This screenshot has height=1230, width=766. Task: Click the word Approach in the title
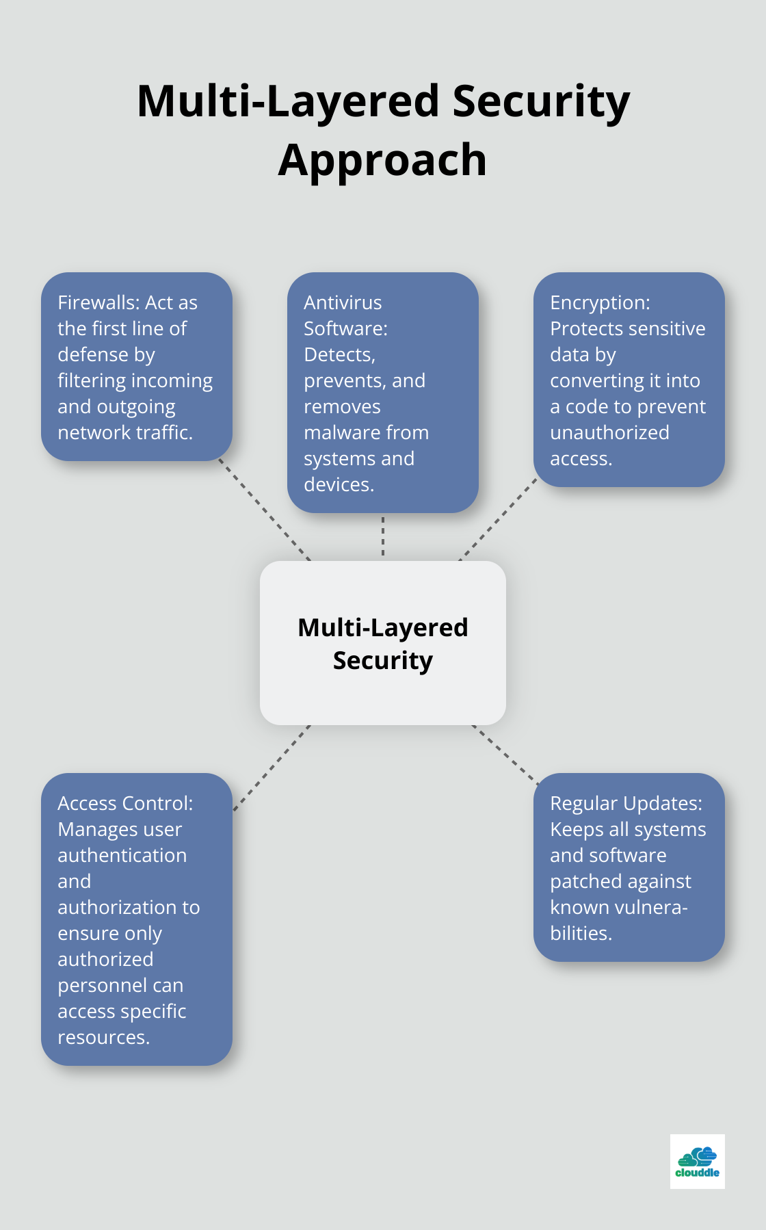tap(382, 161)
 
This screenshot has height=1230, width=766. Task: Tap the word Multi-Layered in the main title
tap(288, 101)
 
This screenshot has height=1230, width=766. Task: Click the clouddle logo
tap(697, 1162)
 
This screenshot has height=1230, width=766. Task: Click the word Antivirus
tap(343, 302)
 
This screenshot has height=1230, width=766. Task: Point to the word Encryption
tap(599, 302)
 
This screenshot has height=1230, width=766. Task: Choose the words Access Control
tap(124, 803)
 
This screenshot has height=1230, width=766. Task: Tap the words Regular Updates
tap(626, 803)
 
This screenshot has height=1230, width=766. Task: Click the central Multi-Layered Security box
tap(383, 643)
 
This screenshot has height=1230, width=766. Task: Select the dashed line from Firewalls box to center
tap(265, 510)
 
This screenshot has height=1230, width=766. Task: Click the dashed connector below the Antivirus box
tap(383, 536)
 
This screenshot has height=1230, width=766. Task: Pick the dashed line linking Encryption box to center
tap(499, 519)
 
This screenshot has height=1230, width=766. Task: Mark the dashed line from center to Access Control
tap(272, 768)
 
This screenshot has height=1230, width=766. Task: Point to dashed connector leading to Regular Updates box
tap(505, 755)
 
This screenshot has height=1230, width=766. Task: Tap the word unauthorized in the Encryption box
tap(609, 432)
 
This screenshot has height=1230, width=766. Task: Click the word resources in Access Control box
tap(102, 1037)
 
